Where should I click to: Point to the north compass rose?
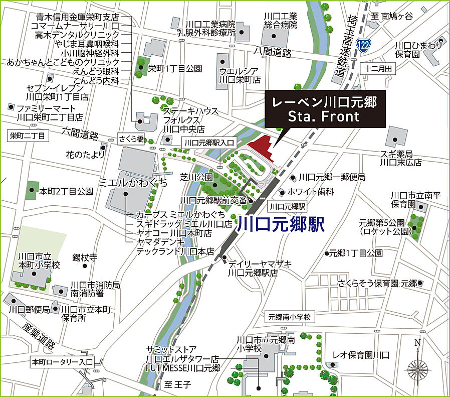point(417,369)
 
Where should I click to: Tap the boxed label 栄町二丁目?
point(27,136)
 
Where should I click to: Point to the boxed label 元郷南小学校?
point(290,317)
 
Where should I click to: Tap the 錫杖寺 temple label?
point(84,257)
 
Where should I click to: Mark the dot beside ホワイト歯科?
point(283,192)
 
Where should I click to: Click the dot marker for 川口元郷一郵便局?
point(293,177)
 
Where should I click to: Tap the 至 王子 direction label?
point(178,385)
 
